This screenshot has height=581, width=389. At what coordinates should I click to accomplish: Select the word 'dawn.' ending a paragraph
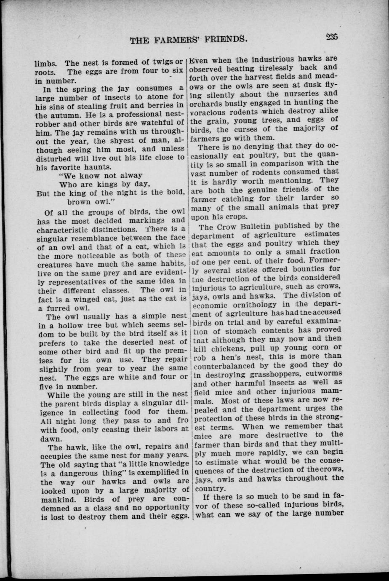click(49, 438)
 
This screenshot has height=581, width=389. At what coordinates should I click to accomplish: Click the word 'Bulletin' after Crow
click(247, 225)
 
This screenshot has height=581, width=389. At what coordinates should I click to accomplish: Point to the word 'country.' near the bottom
click(208, 488)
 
